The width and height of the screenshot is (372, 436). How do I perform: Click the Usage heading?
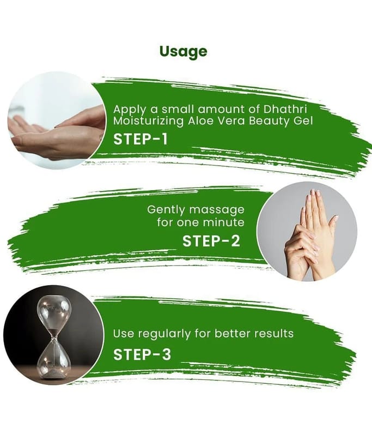click(184, 52)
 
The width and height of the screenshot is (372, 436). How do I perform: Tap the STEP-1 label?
click(141, 139)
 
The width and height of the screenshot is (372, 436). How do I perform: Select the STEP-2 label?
click(211, 241)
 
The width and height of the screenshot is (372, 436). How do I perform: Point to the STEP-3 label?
click(142, 354)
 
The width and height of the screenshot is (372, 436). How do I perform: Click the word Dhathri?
click(285, 109)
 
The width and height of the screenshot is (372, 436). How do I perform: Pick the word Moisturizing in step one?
click(148, 121)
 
